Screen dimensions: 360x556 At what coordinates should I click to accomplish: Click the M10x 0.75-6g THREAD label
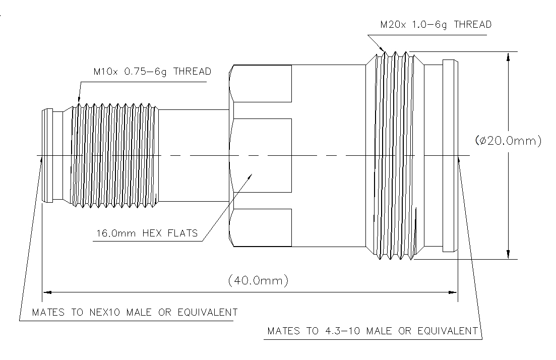click(x=152, y=72)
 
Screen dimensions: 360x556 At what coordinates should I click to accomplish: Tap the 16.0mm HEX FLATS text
click(x=147, y=233)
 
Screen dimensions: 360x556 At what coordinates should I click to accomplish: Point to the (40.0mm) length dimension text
click(x=258, y=280)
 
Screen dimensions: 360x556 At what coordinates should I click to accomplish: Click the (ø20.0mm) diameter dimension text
click(x=509, y=141)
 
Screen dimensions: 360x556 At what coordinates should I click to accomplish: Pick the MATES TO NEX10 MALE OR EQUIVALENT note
click(x=135, y=313)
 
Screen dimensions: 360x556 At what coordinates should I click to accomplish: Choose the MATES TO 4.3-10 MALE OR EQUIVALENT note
click(x=372, y=331)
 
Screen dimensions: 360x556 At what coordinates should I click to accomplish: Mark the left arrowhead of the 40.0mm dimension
click(x=47, y=291)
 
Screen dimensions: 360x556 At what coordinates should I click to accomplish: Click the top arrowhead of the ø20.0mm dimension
click(x=509, y=56)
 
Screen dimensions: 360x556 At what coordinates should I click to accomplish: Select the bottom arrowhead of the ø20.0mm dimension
click(x=509, y=254)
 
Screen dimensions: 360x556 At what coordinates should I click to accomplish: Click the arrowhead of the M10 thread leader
click(x=78, y=102)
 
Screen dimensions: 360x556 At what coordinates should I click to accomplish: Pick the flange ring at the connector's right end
click(x=450, y=155)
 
